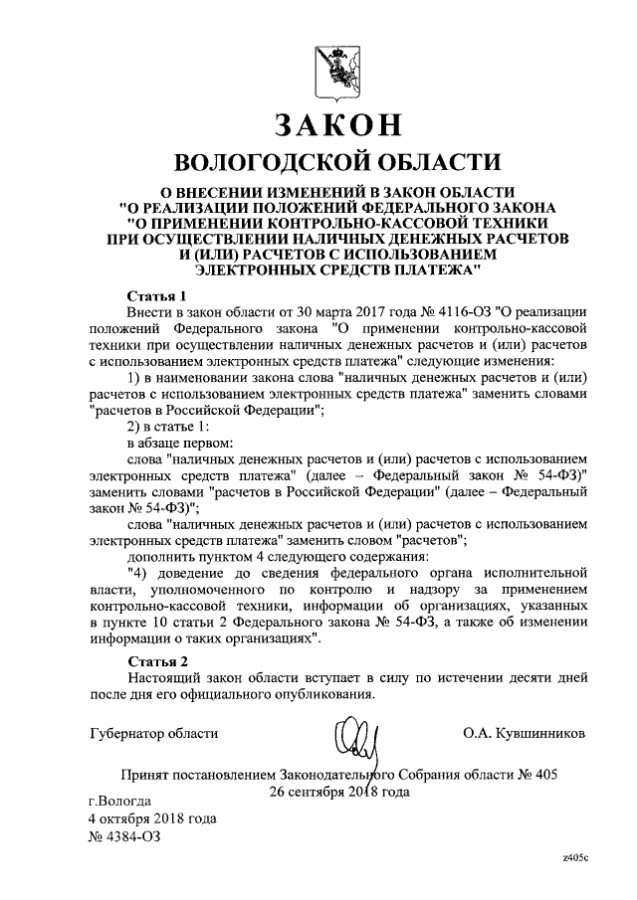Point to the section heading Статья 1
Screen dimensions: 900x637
(157, 295)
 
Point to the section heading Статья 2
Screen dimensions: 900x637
(157, 660)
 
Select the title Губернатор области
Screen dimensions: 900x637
(152, 733)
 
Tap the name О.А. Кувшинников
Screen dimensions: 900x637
(524, 733)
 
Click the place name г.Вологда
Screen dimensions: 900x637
(119, 800)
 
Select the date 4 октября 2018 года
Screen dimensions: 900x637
(152, 817)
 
